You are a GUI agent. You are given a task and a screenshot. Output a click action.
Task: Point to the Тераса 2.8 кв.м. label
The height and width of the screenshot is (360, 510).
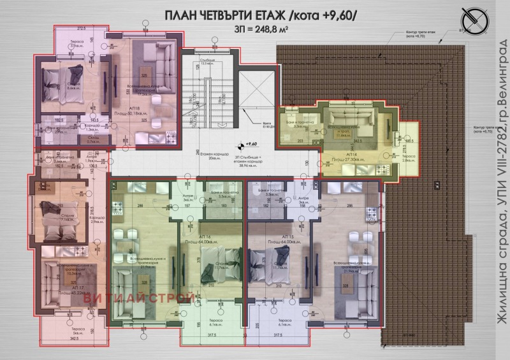tap(409, 159)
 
